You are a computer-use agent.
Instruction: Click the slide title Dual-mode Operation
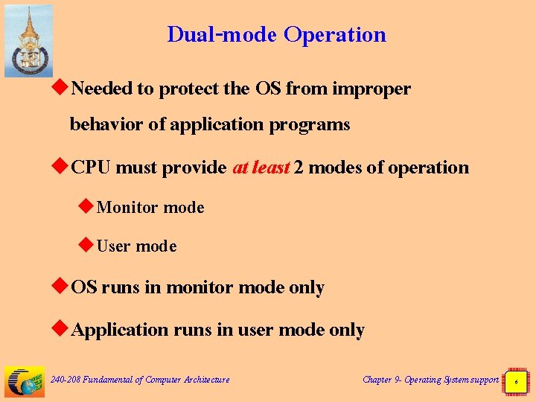click(x=276, y=34)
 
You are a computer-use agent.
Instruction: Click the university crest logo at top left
click(x=29, y=41)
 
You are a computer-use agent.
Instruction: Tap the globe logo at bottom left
click(x=24, y=381)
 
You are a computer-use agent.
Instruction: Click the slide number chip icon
click(x=516, y=380)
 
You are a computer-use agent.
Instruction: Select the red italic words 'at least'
click(x=261, y=167)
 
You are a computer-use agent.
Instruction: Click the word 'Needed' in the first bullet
click(x=102, y=89)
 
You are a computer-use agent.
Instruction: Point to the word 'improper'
click(x=371, y=89)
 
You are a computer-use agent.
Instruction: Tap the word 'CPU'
click(x=92, y=167)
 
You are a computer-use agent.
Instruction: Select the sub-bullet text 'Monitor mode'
click(x=150, y=208)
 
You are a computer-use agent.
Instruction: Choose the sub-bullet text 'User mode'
click(x=136, y=246)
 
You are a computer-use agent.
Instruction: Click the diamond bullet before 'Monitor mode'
click(x=86, y=207)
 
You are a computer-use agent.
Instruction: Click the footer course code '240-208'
click(x=66, y=380)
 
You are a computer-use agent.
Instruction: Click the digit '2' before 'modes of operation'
click(x=298, y=167)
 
